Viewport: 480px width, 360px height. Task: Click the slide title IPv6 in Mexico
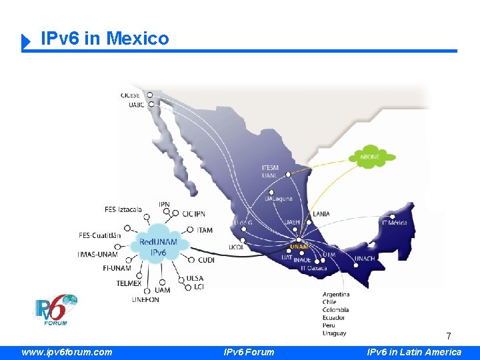tap(105, 39)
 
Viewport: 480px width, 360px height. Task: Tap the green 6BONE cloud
tap(371, 157)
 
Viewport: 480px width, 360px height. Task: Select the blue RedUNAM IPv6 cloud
tap(158, 247)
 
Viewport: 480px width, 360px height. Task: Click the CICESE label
tap(131, 95)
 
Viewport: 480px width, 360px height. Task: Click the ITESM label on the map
tap(270, 167)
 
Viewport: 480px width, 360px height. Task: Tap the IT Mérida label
tap(393, 223)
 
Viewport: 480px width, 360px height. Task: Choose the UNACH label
tap(365, 258)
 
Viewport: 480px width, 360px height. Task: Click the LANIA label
tap(321, 214)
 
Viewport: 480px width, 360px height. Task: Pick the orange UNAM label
tap(299, 247)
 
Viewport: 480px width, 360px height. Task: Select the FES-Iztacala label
tap(123, 209)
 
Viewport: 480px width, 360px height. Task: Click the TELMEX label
tap(129, 283)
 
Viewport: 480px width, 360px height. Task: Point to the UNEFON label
tap(145, 299)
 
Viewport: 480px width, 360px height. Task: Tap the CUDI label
tap(206, 260)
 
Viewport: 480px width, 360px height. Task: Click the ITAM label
tap(205, 230)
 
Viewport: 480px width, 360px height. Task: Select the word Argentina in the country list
tap(336, 294)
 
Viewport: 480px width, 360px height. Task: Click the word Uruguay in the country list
tap(334, 333)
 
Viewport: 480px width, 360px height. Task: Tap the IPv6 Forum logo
tap(56, 310)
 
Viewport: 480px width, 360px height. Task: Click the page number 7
tap(449, 336)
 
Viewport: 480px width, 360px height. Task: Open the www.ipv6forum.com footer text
tap(67, 352)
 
